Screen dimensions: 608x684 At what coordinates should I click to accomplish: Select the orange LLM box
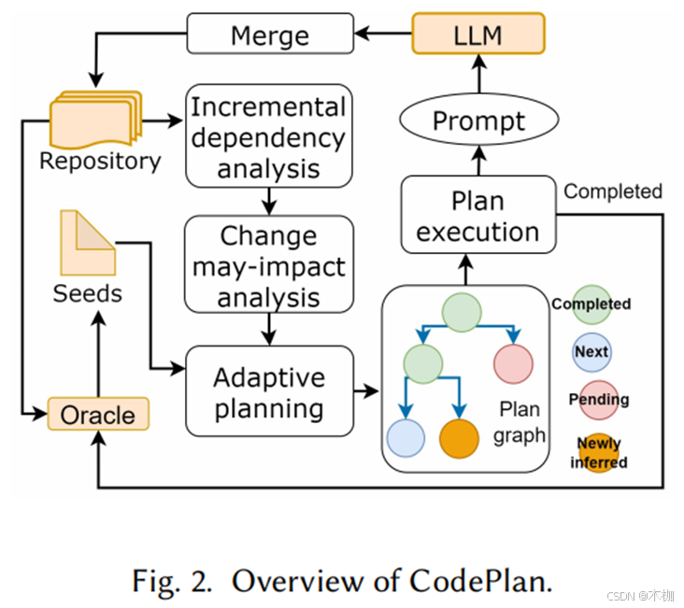coord(477,35)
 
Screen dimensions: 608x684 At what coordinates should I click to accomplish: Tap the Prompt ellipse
coord(477,120)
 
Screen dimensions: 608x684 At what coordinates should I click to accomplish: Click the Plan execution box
coord(477,215)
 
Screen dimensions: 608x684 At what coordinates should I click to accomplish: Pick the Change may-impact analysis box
coord(267,266)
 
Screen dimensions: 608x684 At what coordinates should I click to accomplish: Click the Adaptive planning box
coord(269,391)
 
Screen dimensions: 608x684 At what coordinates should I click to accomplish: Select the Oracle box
coord(97,414)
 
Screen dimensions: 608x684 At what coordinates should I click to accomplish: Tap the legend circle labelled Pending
coord(598,400)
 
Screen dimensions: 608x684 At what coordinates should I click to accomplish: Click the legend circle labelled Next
coord(591,352)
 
